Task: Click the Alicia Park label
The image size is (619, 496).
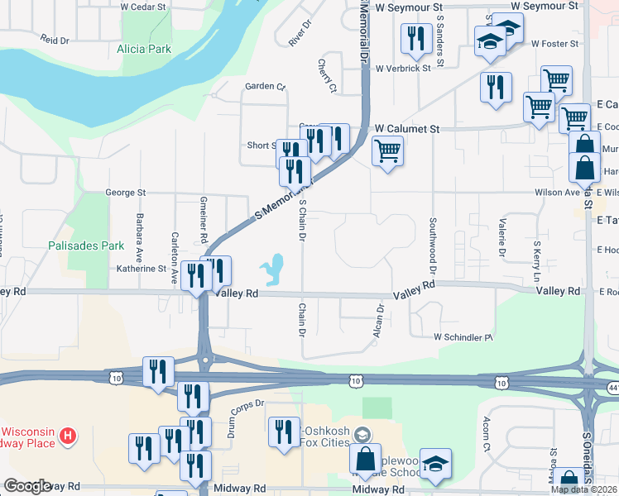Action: (144, 49)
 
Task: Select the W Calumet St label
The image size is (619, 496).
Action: (406, 129)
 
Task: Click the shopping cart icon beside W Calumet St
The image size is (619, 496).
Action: (386, 151)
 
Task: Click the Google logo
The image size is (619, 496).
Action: (27, 486)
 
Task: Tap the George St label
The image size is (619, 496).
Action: (125, 193)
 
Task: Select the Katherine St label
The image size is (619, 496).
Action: (142, 269)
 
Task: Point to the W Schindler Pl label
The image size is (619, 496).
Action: (463, 337)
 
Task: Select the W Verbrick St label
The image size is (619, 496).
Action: (403, 69)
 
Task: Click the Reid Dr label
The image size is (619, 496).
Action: (54, 39)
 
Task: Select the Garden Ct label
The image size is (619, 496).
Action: (264, 86)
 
